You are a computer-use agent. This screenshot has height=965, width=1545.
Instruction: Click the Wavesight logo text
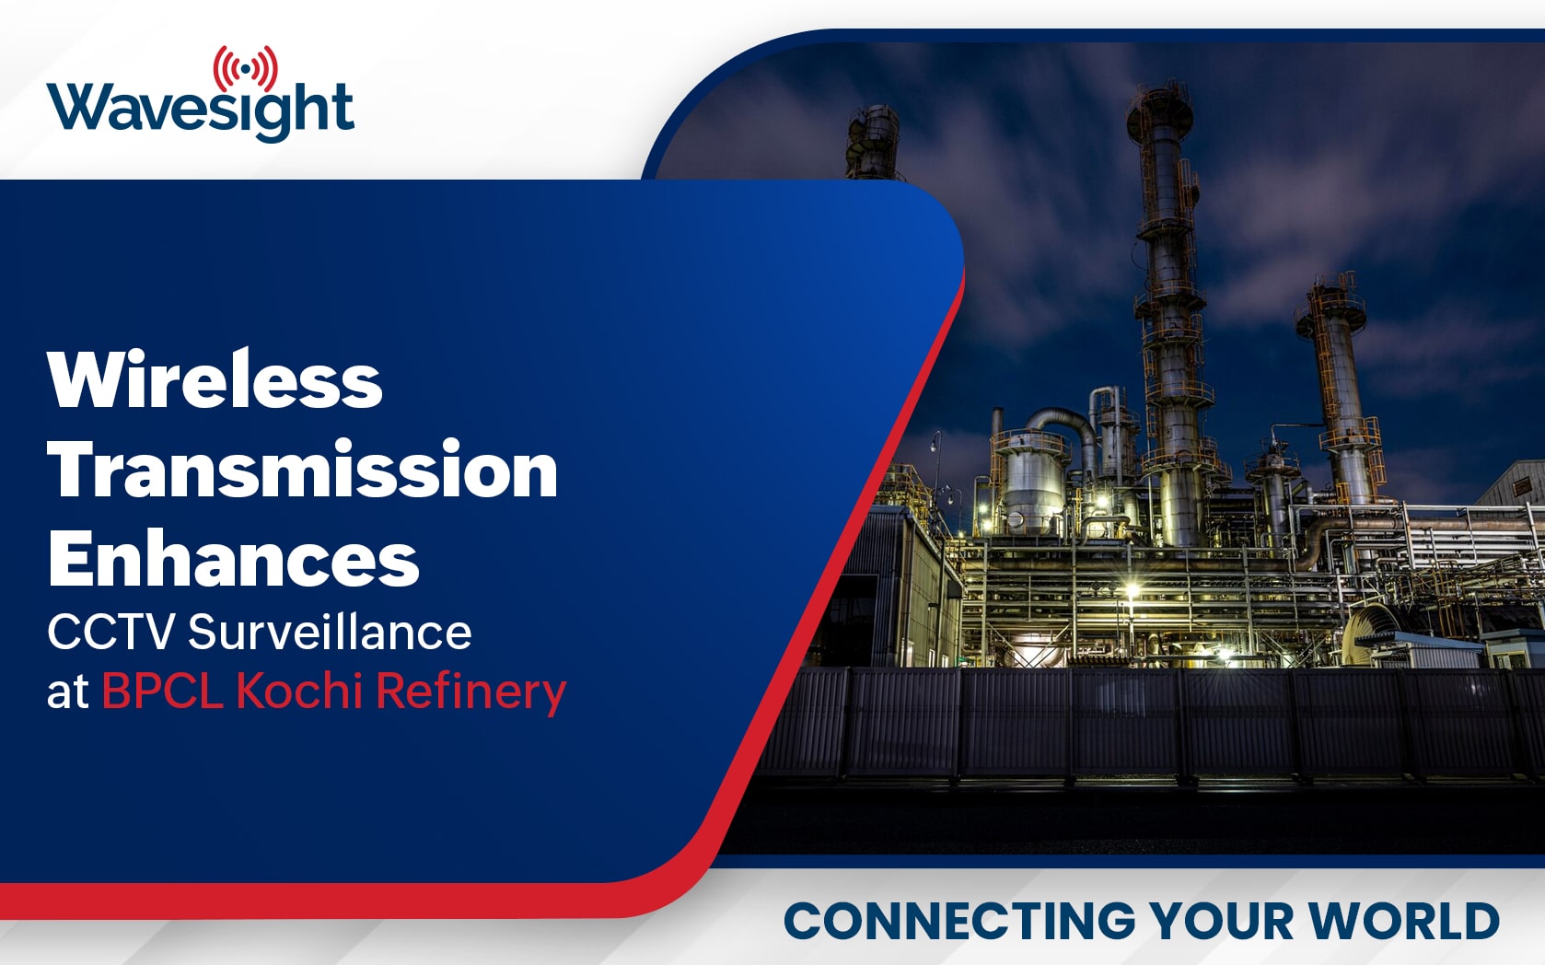(x=200, y=110)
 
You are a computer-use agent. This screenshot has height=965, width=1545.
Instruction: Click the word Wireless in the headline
(x=215, y=380)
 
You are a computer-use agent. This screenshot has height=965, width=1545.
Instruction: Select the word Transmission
(x=302, y=470)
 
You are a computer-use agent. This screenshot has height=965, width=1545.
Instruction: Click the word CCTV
(x=110, y=632)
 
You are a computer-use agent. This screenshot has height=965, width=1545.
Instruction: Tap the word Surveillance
(x=330, y=631)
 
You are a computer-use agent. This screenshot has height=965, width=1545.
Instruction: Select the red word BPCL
(x=163, y=691)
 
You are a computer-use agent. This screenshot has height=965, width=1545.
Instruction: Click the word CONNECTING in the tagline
(x=959, y=920)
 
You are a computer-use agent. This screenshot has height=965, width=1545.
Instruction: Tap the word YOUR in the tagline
(x=1222, y=920)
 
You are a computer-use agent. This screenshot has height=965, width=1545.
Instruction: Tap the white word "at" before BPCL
(x=67, y=692)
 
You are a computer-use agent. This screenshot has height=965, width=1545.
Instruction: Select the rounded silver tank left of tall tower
(x=1032, y=482)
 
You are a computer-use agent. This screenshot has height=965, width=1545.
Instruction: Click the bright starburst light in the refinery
(x=1132, y=589)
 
